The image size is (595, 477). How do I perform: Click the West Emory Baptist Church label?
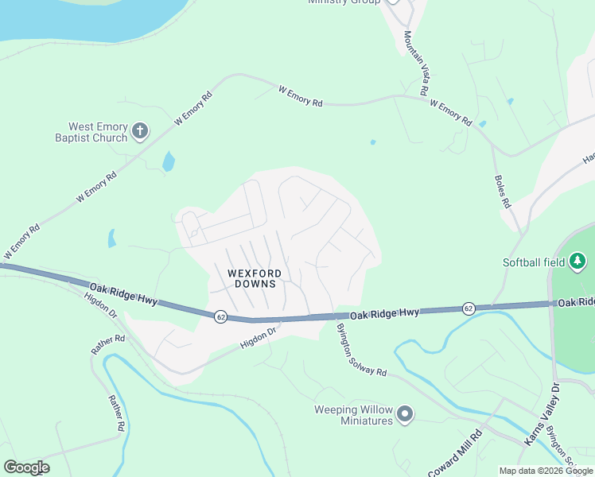(98, 132)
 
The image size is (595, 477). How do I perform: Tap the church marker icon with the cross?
(140, 131)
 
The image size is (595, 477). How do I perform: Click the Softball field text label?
(533, 262)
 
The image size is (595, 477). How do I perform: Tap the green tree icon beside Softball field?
(577, 261)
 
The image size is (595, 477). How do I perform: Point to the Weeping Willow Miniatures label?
(356, 415)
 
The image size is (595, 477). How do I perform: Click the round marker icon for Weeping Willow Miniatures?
(406, 413)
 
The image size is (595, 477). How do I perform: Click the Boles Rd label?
(502, 192)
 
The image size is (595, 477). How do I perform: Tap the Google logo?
(26, 467)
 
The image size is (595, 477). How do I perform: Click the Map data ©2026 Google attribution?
(545, 471)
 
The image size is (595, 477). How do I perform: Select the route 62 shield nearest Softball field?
(469, 308)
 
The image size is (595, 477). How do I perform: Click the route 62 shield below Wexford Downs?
(220, 316)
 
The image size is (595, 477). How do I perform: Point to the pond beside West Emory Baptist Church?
(169, 161)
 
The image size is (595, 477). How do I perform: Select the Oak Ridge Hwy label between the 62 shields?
(386, 315)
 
